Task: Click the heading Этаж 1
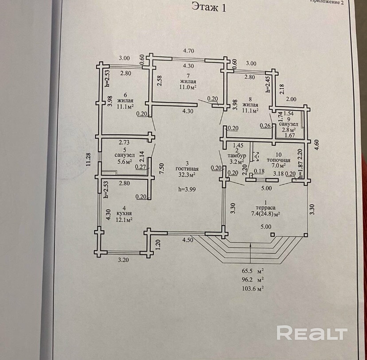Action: click(x=209, y=7)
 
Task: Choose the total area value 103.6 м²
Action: click(x=253, y=288)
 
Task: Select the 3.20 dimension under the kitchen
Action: click(x=124, y=260)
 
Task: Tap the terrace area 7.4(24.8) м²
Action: click(x=265, y=214)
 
